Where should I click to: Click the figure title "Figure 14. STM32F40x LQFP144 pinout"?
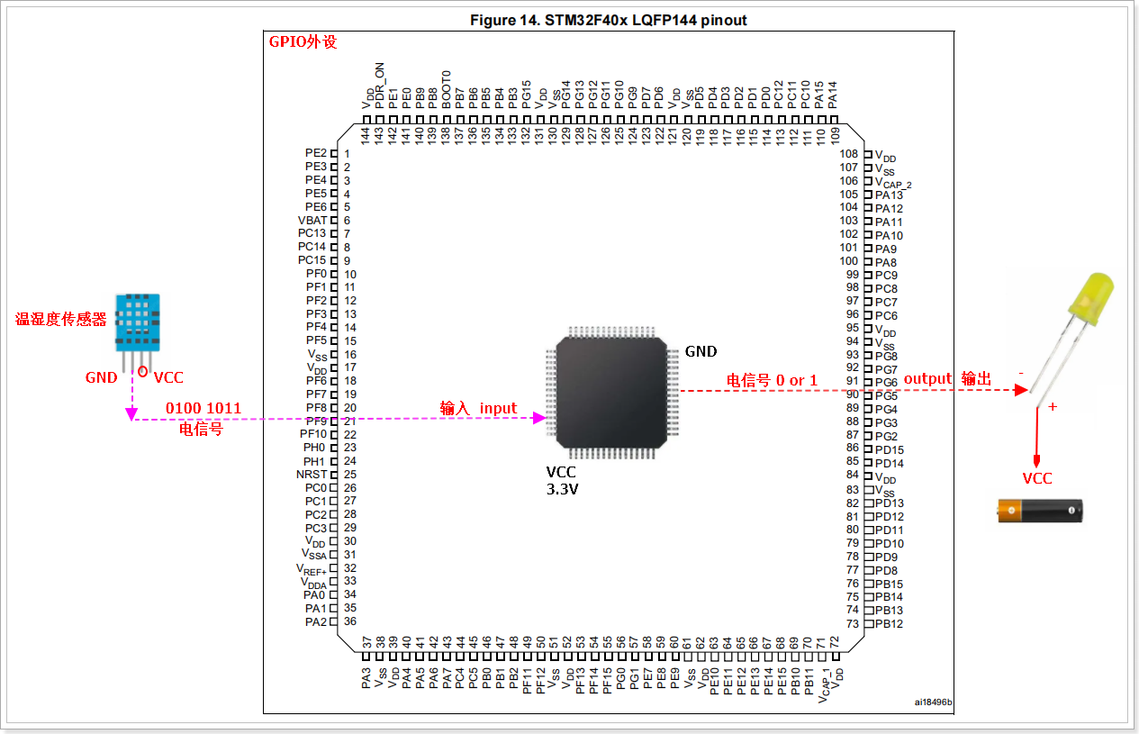coord(608,20)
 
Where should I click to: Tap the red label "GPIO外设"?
coord(303,41)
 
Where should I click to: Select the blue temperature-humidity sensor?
coord(137,322)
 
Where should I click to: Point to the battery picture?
coord(1039,511)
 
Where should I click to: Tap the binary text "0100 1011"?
coord(203,408)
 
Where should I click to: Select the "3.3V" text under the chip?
coord(563,491)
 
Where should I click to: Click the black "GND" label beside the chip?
coord(701,351)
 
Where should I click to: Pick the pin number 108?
coord(849,154)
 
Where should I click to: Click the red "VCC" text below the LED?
coord(1036,478)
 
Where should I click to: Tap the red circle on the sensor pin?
coord(143,371)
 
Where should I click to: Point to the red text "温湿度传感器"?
coord(61,319)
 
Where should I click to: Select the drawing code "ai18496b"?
coord(933,702)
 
